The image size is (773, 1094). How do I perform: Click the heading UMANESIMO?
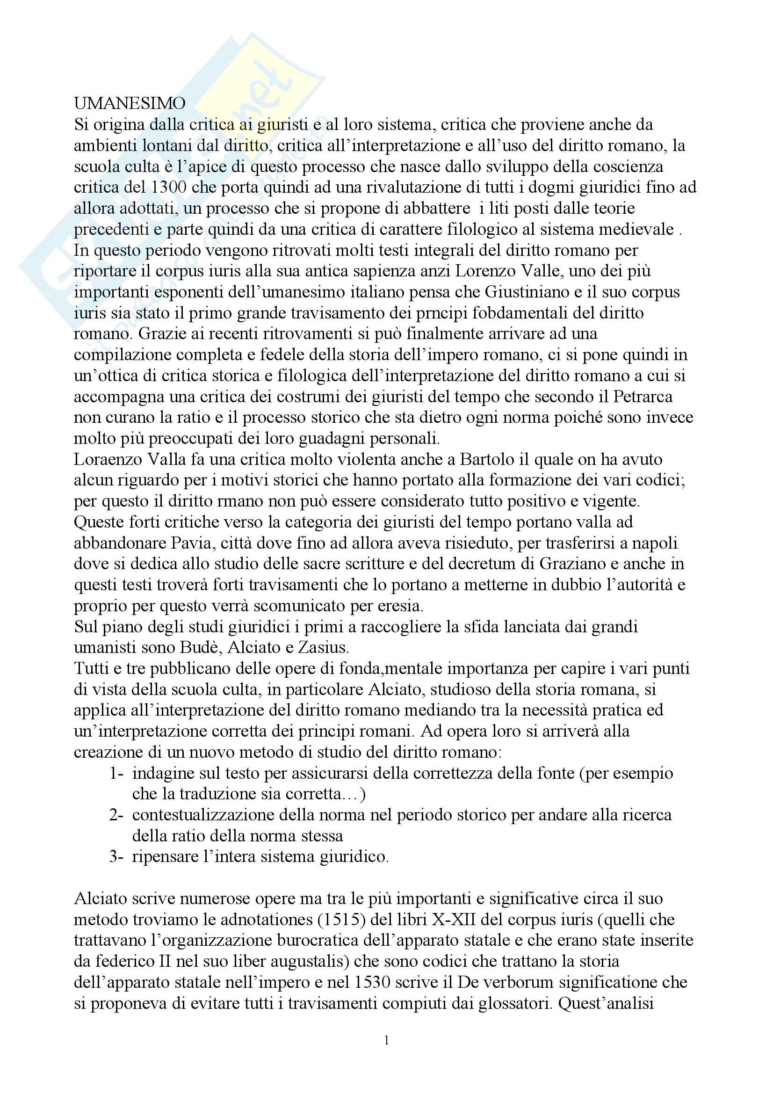130,103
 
